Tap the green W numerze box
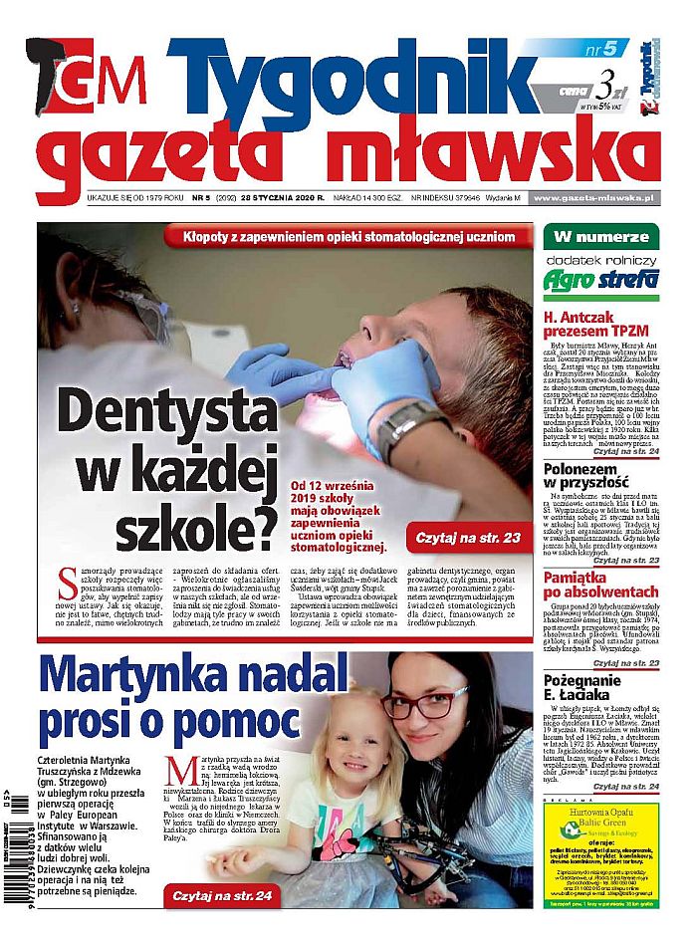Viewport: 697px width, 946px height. [x=600, y=237]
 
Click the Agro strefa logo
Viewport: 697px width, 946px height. [x=600, y=279]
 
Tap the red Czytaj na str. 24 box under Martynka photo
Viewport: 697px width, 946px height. [x=224, y=896]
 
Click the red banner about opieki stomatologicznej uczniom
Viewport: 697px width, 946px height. [x=348, y=237]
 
